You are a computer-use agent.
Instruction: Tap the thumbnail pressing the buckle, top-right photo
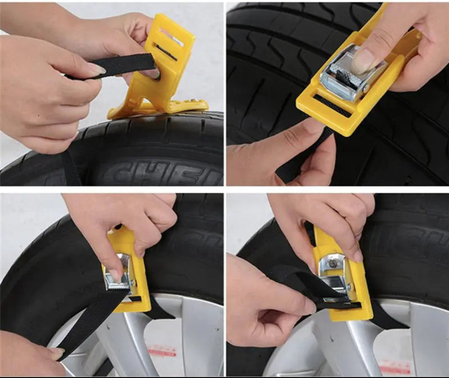click(363, 61)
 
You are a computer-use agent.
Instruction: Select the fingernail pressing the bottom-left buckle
click(115, 275)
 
